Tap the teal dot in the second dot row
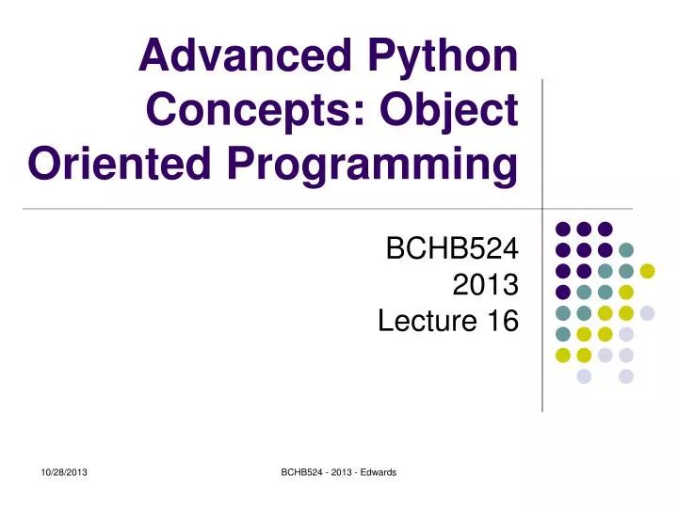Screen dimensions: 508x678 [626, 249]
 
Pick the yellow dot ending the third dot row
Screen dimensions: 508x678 [647, 271]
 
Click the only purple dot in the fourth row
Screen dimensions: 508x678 [563, 292]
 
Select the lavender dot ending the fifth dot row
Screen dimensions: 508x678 [647, 313]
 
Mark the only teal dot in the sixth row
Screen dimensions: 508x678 [563, 334]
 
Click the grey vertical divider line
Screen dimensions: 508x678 [543, 141]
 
